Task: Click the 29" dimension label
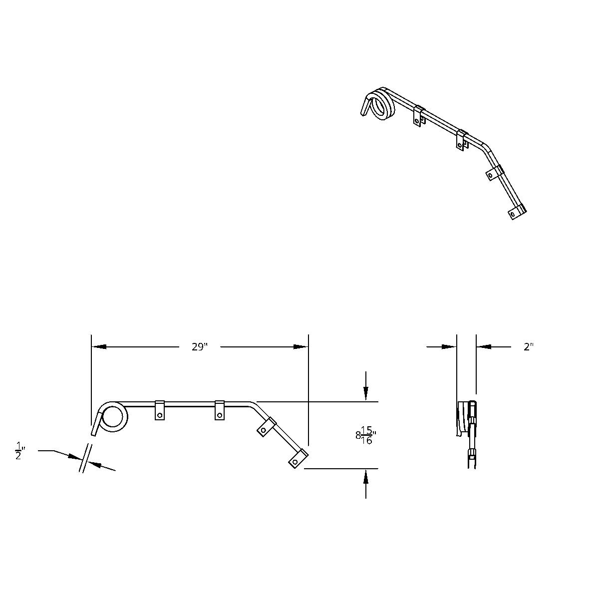tap(199, 347)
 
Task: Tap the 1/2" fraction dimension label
tap(20, 451)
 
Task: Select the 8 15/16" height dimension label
tap(366, 435)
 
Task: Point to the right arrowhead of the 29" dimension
tap(301, 346)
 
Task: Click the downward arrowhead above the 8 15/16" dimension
tap(366, 394)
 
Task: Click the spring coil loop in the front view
tap(114, 417)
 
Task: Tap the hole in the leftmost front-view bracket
tap(160, 414)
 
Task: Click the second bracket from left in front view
tap(220, 410)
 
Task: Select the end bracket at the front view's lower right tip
tap(298, 458)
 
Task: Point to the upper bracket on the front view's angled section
tap(266, 427)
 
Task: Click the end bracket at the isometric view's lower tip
tap(516, 212)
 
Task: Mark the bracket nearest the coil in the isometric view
tap(419, 116)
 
